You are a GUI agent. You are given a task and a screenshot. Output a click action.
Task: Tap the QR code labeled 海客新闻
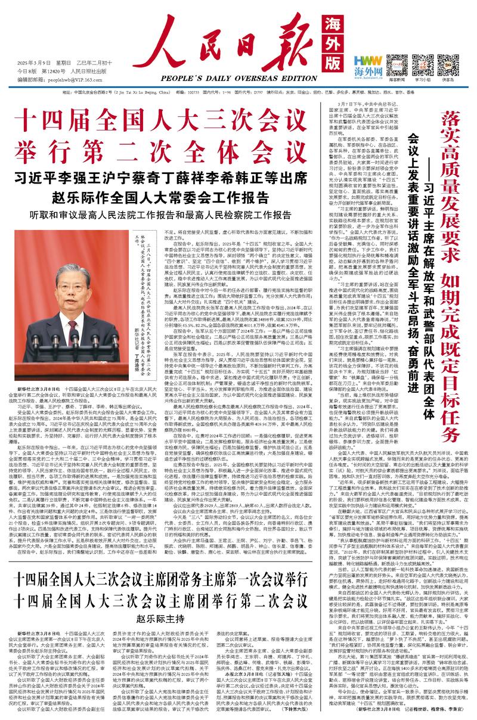pos(397,62)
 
